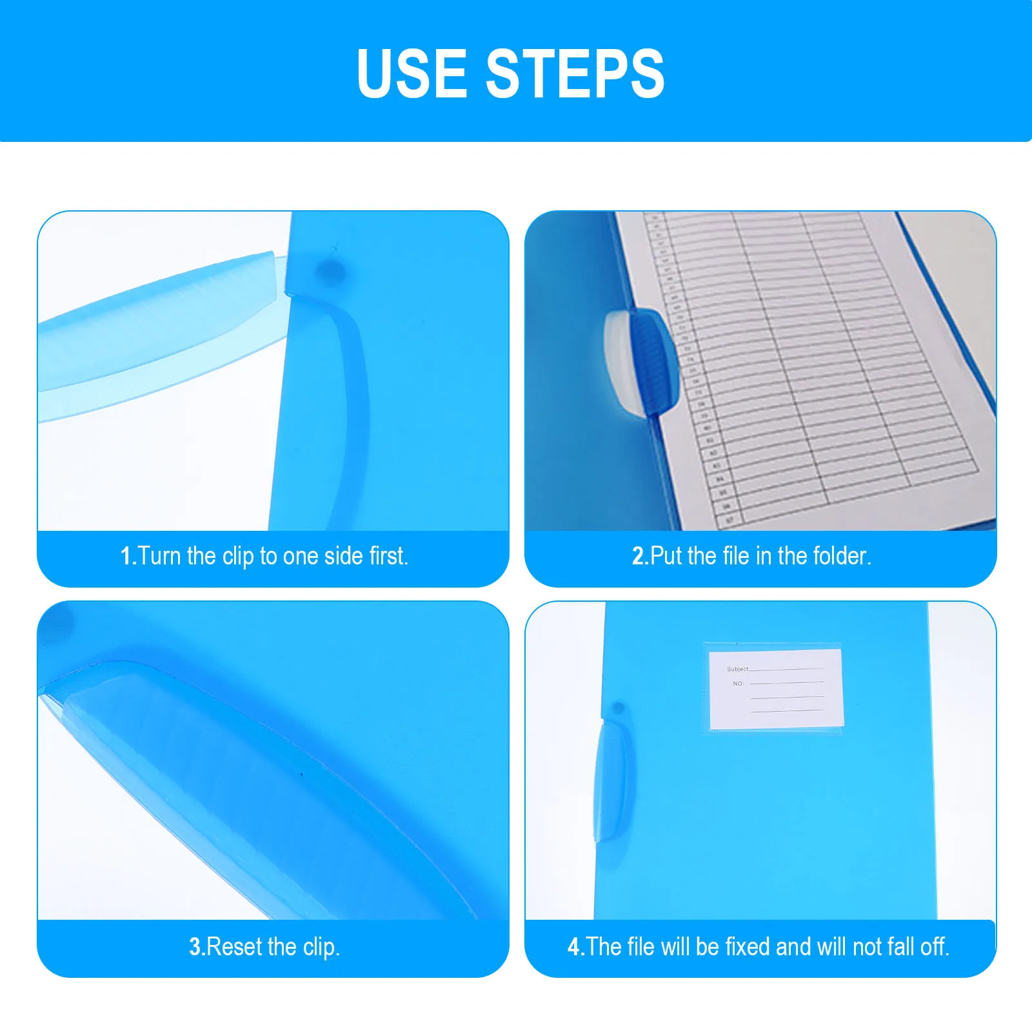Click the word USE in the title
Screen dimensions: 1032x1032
pos(412,74)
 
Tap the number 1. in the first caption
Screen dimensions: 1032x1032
pos(128,556)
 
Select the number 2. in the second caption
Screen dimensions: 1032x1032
pos(640,556)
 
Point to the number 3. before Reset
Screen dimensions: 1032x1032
pos(197,947)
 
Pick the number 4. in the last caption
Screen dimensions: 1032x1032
pos(575,947)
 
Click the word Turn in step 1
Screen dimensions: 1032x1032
pos(159,556)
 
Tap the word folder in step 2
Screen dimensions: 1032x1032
pos(842,556)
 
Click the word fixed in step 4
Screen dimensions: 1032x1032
pos(748,947)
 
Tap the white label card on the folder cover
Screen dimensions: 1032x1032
pos(776,690)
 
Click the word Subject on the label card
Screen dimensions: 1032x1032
pos(737,669)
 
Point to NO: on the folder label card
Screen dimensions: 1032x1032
pos(738,683)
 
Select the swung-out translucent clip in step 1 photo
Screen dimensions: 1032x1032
pos(161,329)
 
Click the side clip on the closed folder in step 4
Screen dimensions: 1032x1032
pos(609,780)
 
